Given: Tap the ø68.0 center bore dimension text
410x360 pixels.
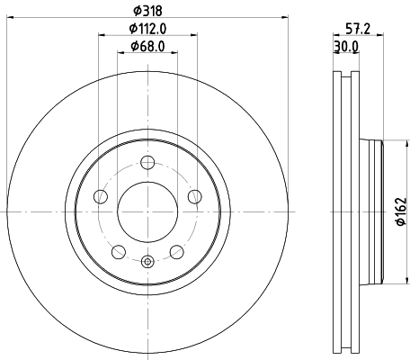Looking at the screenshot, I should (x=147, y=46).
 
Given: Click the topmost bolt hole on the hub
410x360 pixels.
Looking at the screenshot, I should (x=147, y=164).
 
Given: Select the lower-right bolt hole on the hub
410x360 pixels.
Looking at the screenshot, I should (x=175, y=251).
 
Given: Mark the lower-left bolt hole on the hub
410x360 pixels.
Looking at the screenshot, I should (x=118, y=251).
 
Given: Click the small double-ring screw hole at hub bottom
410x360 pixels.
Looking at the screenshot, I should (x=147, y=262).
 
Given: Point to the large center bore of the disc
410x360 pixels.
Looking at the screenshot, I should (x=147, y=212).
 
